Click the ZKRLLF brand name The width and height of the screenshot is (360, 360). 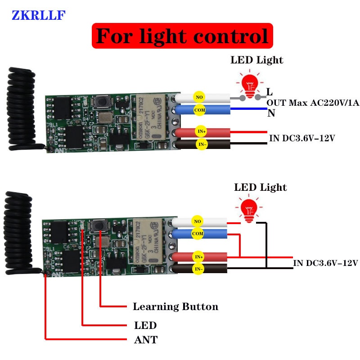tap(39, 15)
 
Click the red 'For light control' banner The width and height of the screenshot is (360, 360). tap(182, 36)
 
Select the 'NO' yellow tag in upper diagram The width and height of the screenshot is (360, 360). tap(198, 96)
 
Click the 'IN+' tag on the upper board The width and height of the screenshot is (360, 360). tap(201, 131)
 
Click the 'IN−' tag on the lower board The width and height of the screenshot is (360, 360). tap(198, 269)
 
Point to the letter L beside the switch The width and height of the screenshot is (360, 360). tap(269, 92)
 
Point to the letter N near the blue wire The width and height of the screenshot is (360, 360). tap(271, 113)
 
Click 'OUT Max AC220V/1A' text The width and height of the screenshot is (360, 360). tap(313, 103)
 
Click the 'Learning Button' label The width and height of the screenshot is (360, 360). tap(175, 307)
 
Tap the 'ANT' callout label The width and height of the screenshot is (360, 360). tap(146, 340)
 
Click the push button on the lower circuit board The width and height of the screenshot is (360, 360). tap(97, 225)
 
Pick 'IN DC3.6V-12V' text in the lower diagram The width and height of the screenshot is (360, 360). tap(325, 263)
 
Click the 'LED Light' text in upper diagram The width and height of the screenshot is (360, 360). tap(257, 60)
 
